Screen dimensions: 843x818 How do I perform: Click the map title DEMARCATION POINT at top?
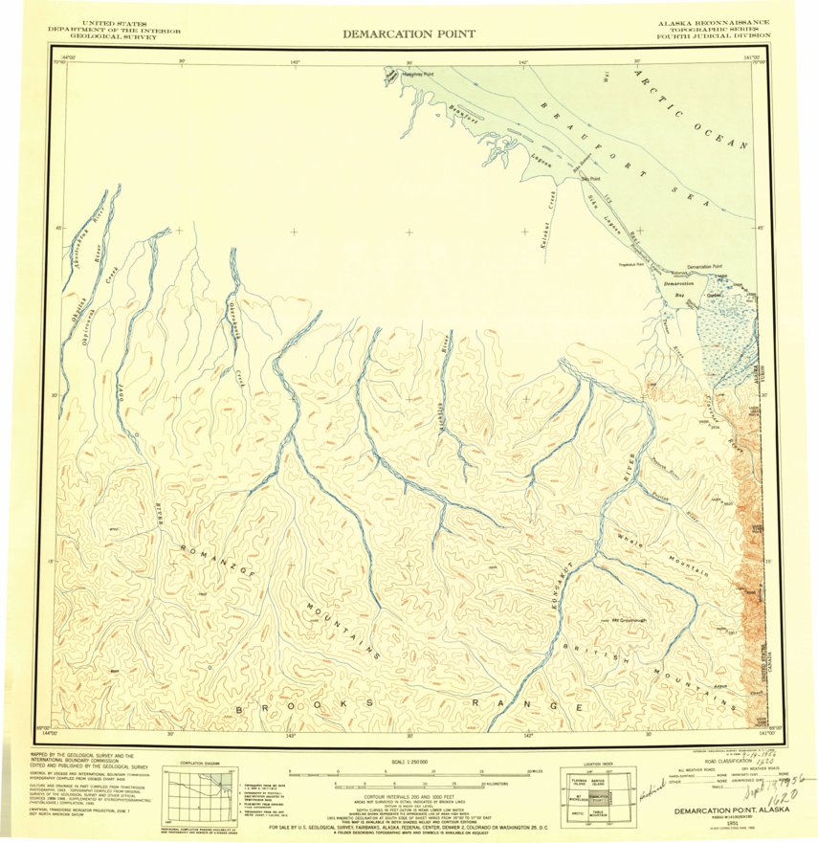(x=409, y=34)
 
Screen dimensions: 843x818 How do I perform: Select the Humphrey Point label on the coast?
(x=417, y=73)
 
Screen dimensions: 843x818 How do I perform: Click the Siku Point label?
(x=590, y=178)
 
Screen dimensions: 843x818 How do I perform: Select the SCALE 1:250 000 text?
(x=409, y=762)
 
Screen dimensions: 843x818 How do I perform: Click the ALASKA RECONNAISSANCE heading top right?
(x=713, y=22)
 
